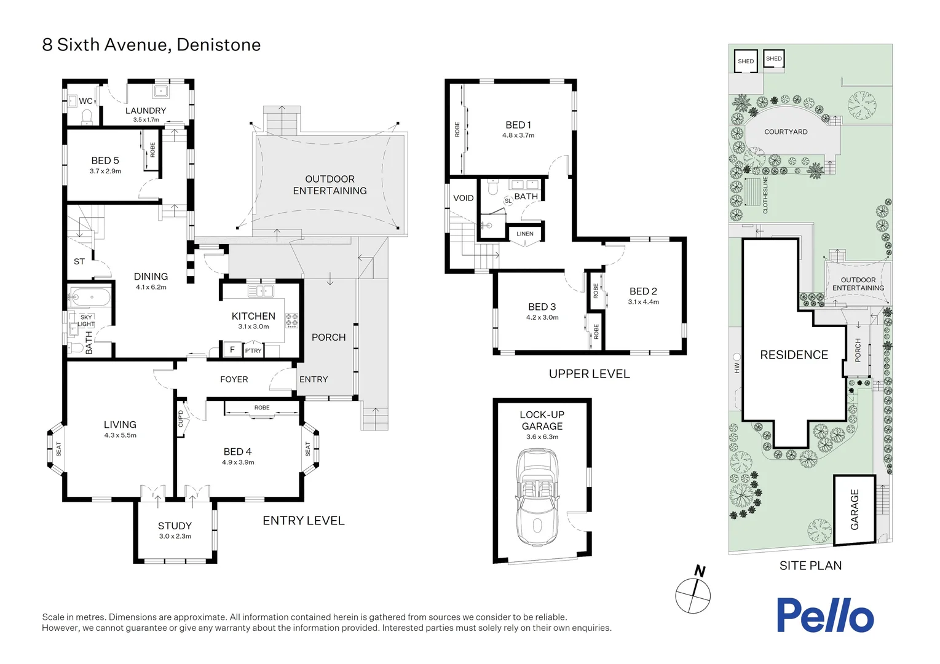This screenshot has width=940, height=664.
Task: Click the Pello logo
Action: pyautogui.click(x=824, y=615)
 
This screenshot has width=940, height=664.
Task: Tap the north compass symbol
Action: pyautogui.click(x=693, y=595)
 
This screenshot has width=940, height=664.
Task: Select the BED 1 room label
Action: pyautogui.click(x=518, y=125)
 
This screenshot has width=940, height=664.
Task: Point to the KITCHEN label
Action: pyautogui.click(x=253, y=316)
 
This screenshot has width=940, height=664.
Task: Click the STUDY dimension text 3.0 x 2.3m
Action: pyautogui.click(x=175, y=536)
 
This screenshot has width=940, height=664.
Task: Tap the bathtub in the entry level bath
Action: pyautogui.click(x=90, y=298)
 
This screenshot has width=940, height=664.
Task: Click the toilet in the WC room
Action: pyautogui.click(x=87, y=116)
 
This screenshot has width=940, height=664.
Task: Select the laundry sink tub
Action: pyautogui.click(x=161, y=91)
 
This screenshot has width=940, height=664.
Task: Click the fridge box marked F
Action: pyautogui.click(x=232, y=350)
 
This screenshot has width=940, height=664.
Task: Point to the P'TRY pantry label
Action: pyautogui.click(x=253, y=350)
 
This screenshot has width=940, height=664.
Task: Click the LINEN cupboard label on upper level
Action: pyautogui.click(x=524, y=234)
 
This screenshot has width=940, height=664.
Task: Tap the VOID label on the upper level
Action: pyautogui.click(x=463, y=198)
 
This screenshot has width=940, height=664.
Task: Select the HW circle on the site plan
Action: pyautogui.click(x=737, y=357)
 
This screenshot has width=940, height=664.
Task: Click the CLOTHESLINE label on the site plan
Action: pyautogui.click(x=765, y=195)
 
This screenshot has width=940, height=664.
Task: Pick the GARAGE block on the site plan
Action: pyautogui.click(x=854, y=510)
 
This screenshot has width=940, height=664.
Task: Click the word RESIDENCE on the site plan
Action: pyautogui.click(x=794, y=355)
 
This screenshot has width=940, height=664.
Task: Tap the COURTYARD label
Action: pyautogui.click(x=786, y=132)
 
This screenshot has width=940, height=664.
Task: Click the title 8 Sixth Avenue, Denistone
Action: pyautogui.click(x=151, y=45)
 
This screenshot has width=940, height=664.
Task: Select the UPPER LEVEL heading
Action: pyautogui.click(x=589, y=374)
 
